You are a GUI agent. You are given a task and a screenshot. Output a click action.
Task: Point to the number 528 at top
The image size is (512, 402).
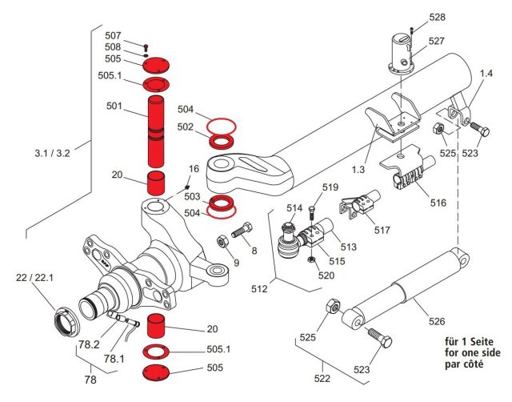tap(437, 17)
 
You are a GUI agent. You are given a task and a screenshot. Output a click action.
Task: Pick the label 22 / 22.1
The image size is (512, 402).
tap(34, 278)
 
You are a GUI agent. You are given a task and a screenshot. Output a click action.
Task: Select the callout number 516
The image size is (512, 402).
tap(438, 203)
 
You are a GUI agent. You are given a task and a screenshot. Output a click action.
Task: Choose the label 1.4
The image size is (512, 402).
tap(485, 74)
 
